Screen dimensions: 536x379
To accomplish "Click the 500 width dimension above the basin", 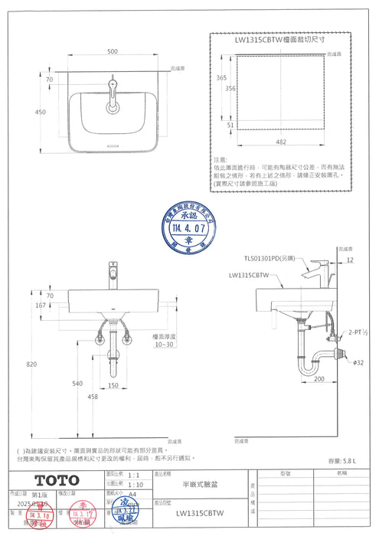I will (113, 51).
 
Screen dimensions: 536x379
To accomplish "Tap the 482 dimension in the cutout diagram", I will (281, 142).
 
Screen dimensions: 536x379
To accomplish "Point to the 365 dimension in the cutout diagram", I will (221, 78).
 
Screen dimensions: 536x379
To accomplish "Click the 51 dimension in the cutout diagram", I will (230, 125).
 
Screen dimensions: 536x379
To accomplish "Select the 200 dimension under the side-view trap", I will (319, 379).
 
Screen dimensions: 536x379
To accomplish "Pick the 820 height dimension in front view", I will (31, 364).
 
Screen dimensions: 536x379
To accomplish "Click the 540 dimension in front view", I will (77, 382).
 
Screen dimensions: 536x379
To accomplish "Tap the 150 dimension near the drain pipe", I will (113, 385).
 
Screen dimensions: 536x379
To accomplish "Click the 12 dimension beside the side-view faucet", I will (351, 260).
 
